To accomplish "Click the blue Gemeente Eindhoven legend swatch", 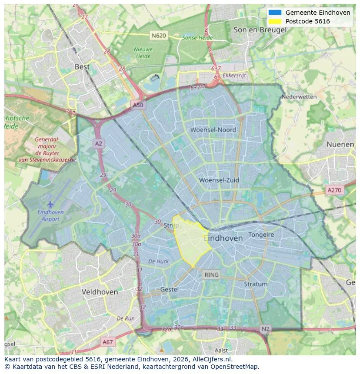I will [x=275, y=13].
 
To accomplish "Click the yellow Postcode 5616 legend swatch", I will [x=275, y=21].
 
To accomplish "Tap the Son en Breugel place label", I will [x=260, y=30].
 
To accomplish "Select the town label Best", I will [x=82, y=67].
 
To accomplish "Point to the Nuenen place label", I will [x=340, y=144].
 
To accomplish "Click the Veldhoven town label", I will [x=100, y=292].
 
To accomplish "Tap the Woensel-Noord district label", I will [x=213, y=130].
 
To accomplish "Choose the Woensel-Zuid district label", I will [x=219, y=180].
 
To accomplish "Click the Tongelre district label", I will [x=261, y=235].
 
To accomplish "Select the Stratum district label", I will [x=256, y=284].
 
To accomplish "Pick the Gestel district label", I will [x=170, y=289].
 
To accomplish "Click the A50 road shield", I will [x=138, y=105].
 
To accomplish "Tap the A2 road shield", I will [x=99, y=143].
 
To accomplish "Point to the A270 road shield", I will [x=334, y=190].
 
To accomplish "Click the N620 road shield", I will [x=159, y=35].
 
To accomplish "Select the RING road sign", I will [x=211, y=275].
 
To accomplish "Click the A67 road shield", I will [x=107, y=342].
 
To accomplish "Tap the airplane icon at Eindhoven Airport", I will [x=50, y=204].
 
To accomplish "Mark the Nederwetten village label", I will [x=299, y=97].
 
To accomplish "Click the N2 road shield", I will [x=266, y=329].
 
